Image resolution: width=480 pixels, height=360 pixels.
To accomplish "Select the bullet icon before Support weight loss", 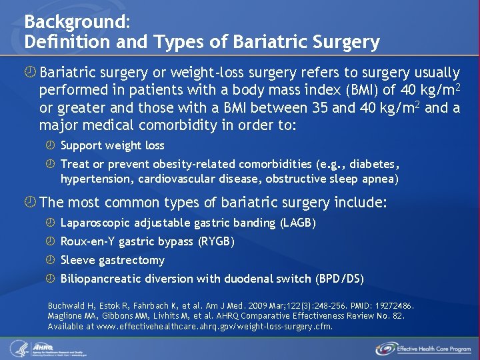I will point(51,145).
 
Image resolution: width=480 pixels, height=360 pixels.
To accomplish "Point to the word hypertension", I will point(94,179).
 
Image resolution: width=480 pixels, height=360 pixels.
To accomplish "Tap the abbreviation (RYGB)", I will point(216,241).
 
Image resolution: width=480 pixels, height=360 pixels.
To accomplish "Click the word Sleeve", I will point(77,260).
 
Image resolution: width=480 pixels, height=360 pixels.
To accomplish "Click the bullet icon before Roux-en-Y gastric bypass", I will point(51,241).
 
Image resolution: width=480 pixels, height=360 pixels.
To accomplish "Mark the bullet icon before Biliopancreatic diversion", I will point(51,279).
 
